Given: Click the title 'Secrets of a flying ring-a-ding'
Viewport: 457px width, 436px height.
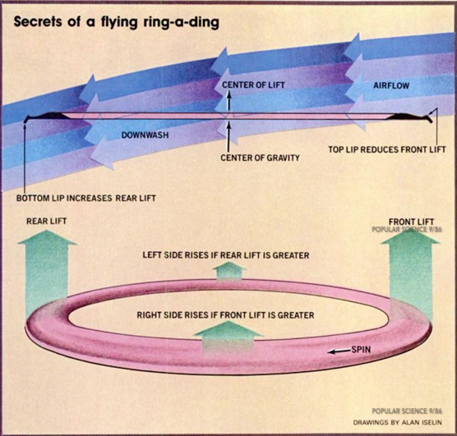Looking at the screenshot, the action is [x=116, y=22].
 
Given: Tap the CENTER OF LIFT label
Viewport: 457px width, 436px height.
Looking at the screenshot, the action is [x=253, y=85].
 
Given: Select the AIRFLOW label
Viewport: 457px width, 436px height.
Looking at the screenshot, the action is [x=391, y=85].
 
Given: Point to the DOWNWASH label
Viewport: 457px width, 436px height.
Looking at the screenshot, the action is [x=145, y=135].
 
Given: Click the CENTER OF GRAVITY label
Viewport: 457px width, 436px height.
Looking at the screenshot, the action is [x=260, y=158].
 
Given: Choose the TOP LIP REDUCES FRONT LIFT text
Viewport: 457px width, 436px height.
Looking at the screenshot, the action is [x=387, y=149].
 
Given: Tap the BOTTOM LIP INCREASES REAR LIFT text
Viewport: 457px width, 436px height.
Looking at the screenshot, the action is [x=86, y=198].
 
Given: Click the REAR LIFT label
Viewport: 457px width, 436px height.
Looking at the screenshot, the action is [x=47, y=221].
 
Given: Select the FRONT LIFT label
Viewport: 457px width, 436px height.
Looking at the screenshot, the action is [x=411, y=222].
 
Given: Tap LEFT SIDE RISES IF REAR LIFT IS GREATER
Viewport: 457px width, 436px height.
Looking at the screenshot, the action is [x=226, y=255].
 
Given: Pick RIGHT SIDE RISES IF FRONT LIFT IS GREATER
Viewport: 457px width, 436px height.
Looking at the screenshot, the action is [x=225, y=315].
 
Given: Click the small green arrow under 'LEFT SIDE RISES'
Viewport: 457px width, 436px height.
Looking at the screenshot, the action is [x=228, y=272].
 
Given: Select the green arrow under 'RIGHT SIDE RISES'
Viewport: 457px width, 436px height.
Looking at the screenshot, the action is [x=228, y=338].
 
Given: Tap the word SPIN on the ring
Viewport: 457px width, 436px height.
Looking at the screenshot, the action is [x=361, y=350].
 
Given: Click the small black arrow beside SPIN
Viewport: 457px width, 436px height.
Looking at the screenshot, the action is [x=338, y=351].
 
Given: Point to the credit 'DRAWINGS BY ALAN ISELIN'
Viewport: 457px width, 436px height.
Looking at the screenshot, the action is [x=398, y=422].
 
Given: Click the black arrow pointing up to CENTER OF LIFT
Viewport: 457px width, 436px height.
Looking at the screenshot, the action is [x=228, y=100].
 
